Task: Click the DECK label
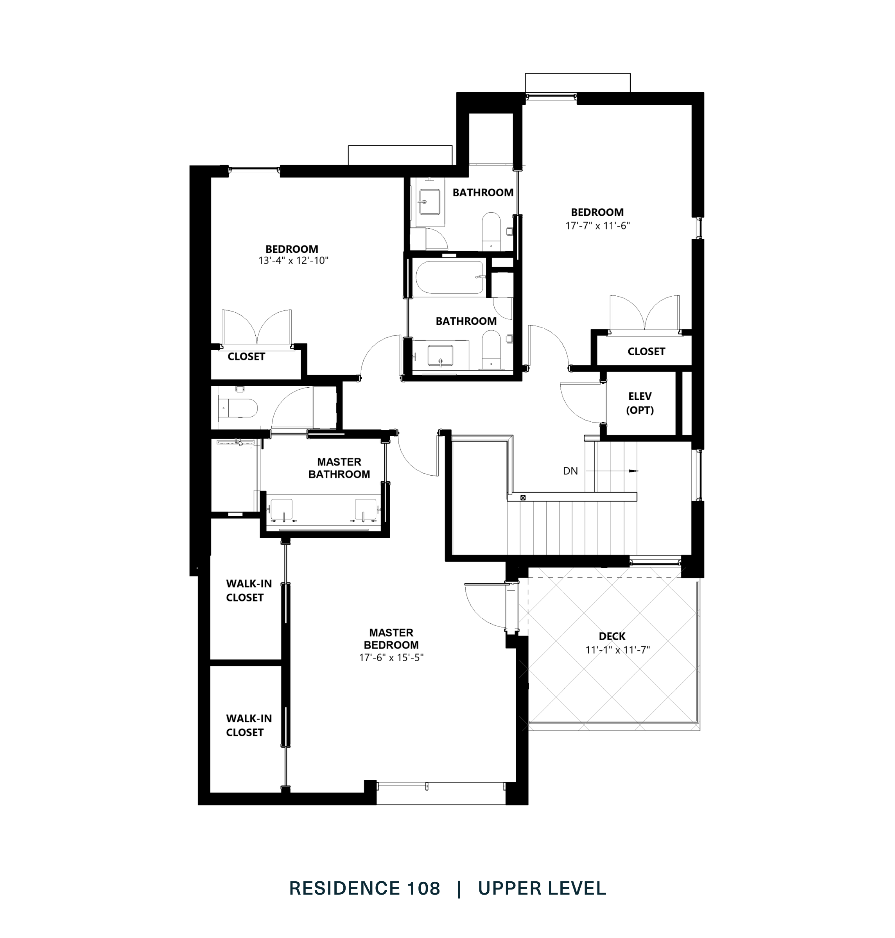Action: pos(612,636)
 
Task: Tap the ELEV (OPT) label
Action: pos(640,403)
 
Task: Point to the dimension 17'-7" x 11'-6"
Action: pos(597,226)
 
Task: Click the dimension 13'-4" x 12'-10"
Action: pos(293,260)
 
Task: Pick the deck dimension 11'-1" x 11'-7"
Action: pos(617,650)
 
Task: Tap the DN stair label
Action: pos(570,471)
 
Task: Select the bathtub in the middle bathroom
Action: pos(449,277)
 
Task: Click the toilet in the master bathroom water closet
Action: pos(240,408)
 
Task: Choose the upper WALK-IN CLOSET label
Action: pos(249,591)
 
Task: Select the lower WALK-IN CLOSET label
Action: pos(249,725)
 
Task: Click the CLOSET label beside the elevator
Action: pos(646,351)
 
